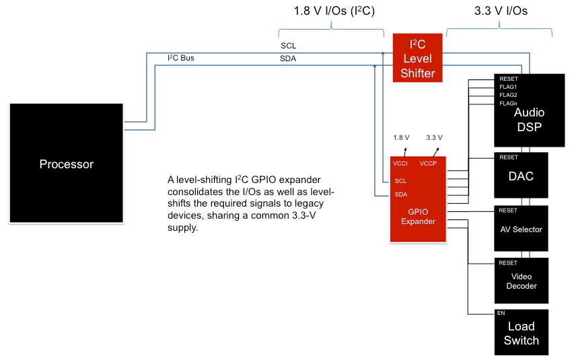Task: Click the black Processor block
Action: point(66,164)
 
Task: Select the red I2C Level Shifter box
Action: point(417,59)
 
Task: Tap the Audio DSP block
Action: point(529,110)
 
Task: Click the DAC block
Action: point(522,176)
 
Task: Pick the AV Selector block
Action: point(522,229)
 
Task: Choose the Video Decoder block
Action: point(522,281)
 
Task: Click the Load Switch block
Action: point(522,333)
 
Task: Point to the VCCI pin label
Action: point(400,163)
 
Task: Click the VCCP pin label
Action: point(429,163)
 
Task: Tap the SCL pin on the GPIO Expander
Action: point(400,181)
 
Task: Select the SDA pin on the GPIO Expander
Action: point(400,195)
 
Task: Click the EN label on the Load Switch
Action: point(501,314)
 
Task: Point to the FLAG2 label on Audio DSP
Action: point(508,95)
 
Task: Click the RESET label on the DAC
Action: point(508,157)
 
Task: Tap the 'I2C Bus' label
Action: point(180,58)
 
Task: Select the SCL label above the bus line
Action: point(288,46)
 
